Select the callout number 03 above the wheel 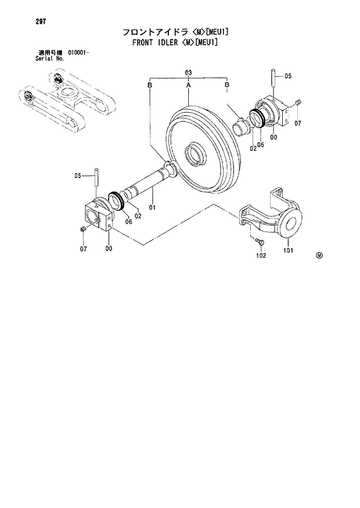pyautogui.click(x=188, y=73)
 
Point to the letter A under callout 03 pyautogui.click(x=188, y=85)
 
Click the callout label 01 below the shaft pyautogui.click(x=152, y=207)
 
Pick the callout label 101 pyautogui.click(x=288, y=251)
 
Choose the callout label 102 pyautogui.click(x=261, y=255)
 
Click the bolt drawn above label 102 pyautogui.click(x=258, y=240)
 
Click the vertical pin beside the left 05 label pyautogui.click(x=96, y=176)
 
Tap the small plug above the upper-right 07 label pyautogui.click(x=297, y=103)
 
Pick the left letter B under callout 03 pyautogui.click(x=150, y=85)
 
